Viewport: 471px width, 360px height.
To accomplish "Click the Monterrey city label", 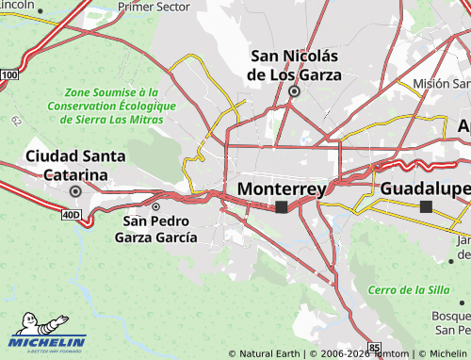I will click(282, 188).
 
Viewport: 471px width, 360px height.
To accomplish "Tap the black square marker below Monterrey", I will click(282, 206).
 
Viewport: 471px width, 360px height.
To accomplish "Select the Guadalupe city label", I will click(425, 188).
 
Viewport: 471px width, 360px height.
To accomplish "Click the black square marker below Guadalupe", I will click(426, 205).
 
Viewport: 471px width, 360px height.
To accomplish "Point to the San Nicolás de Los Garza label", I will click(293, 64).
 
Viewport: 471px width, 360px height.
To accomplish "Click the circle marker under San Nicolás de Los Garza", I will click(294, 91).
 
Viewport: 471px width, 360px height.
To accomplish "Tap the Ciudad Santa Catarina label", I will click(67, 165).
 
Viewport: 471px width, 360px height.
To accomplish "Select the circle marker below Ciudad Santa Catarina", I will click(75, 190).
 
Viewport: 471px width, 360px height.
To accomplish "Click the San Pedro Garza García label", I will click(155, 229).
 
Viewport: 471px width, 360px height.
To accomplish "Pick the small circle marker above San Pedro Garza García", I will click(156, 206).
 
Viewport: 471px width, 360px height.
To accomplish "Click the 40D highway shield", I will click(72, 215).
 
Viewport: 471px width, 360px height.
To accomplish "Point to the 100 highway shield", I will click(9, 74).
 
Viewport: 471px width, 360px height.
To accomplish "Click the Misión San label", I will click(441, 83).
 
